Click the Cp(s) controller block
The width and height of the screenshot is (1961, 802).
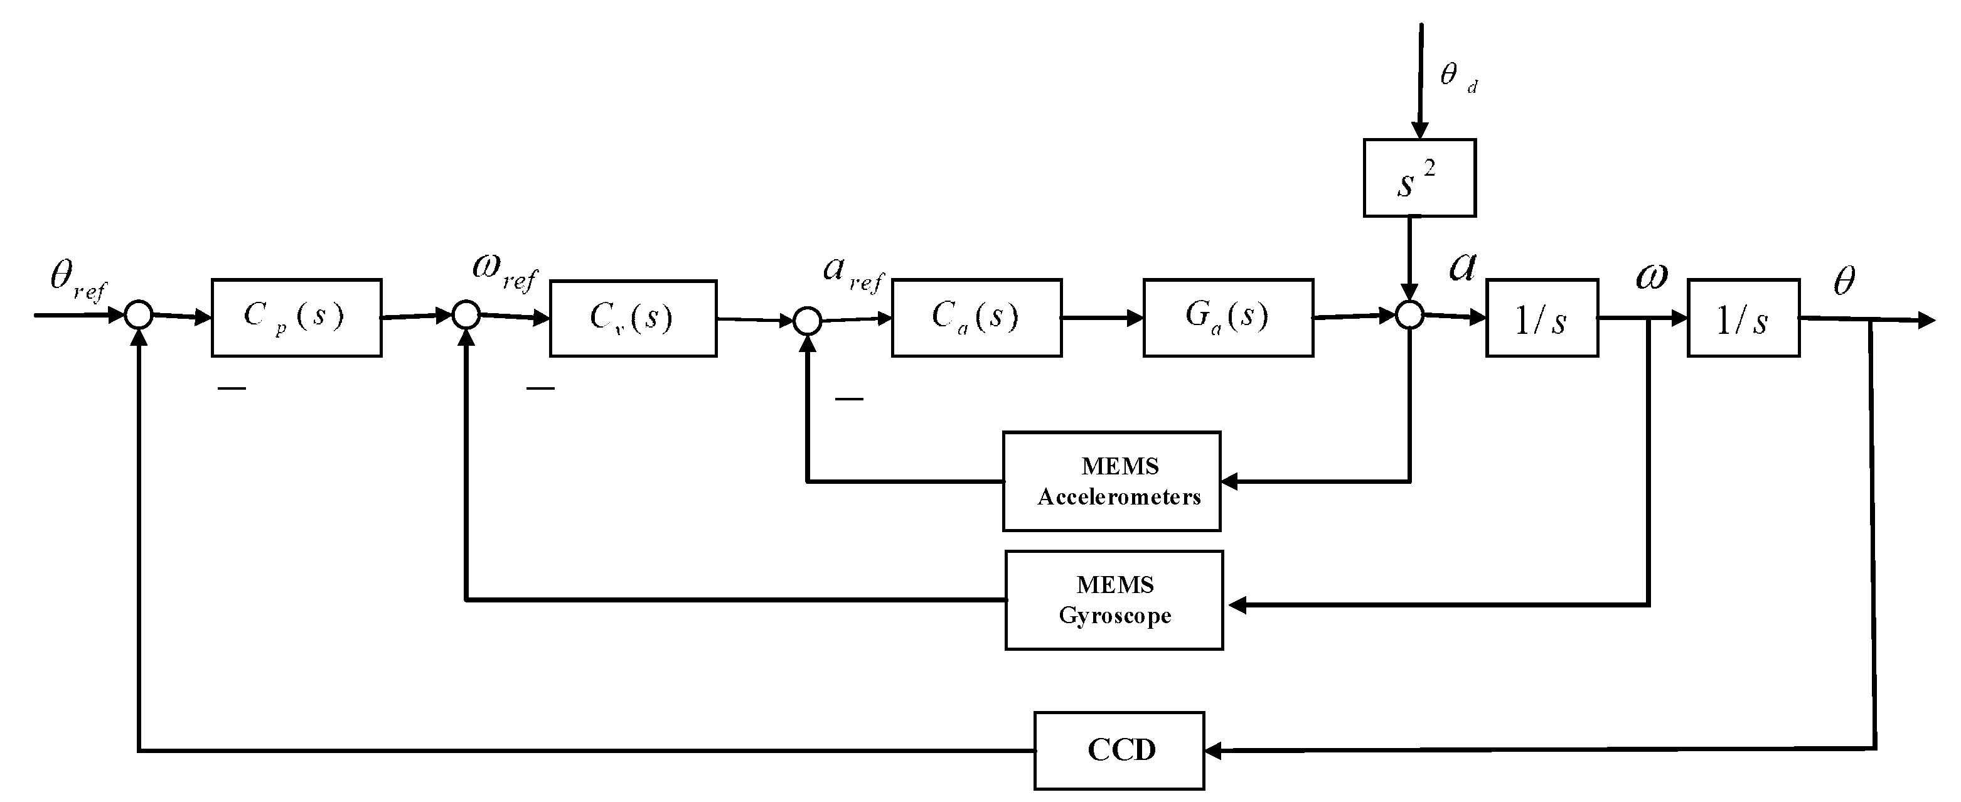pos(296,318)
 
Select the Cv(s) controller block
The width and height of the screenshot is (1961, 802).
pos(633,318)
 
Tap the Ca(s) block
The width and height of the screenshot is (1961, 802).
pos(976,318)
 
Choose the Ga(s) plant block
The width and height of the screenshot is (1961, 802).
pos(1227,318)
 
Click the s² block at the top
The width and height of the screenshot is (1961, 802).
pos(1419,178)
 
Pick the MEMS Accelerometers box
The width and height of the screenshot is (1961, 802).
pos(1111,481)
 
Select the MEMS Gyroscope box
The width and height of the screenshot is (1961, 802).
pos(1114,600)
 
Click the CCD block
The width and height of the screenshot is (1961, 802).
pos(1118,750)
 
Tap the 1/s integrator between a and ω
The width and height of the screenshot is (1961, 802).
pos(1542,318)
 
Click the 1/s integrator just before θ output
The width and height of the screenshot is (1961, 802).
pos(1743,318)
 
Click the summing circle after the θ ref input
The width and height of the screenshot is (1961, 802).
pos(139,314)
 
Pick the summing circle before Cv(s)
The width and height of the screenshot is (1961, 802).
pos(466,314)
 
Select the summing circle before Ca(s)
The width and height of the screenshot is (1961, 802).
pos(807,321)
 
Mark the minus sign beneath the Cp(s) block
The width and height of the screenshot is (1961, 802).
pos(232,388)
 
